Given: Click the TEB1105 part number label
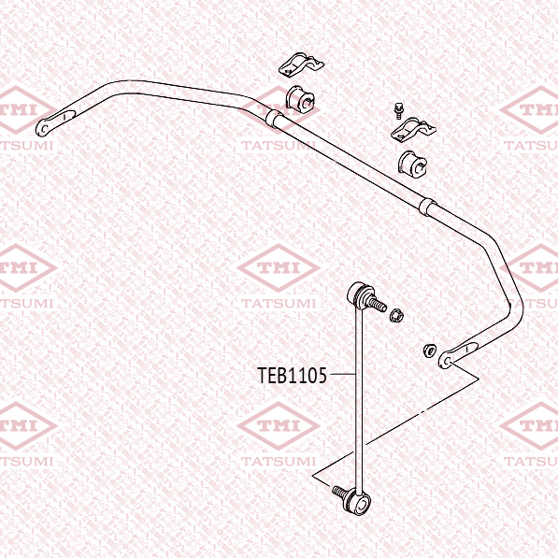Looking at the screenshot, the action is click(292, 376).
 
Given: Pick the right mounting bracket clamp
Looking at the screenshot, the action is click(413, 129).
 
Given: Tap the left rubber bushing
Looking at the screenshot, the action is click(301, 99).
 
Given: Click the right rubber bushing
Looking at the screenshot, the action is click(412, 165).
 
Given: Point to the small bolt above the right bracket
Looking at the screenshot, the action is click(397, 110).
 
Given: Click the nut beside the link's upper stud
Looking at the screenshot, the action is click(395, 315).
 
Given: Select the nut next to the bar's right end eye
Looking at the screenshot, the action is click(430, 351).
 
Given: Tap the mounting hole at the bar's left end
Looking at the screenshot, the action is click(43, 128).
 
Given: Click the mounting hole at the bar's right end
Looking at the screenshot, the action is click(447, 361).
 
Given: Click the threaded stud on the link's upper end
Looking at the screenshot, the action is click(377, 305).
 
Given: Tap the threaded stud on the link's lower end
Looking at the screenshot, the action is click(340, 493).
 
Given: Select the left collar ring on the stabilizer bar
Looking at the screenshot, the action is click(275, 119).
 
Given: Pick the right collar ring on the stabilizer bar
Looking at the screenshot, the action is click(427, 207).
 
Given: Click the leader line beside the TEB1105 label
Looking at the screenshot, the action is click(343, 374).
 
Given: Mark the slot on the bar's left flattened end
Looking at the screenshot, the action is click(64, 116).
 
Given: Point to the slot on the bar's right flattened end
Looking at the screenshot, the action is click(466, 350).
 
